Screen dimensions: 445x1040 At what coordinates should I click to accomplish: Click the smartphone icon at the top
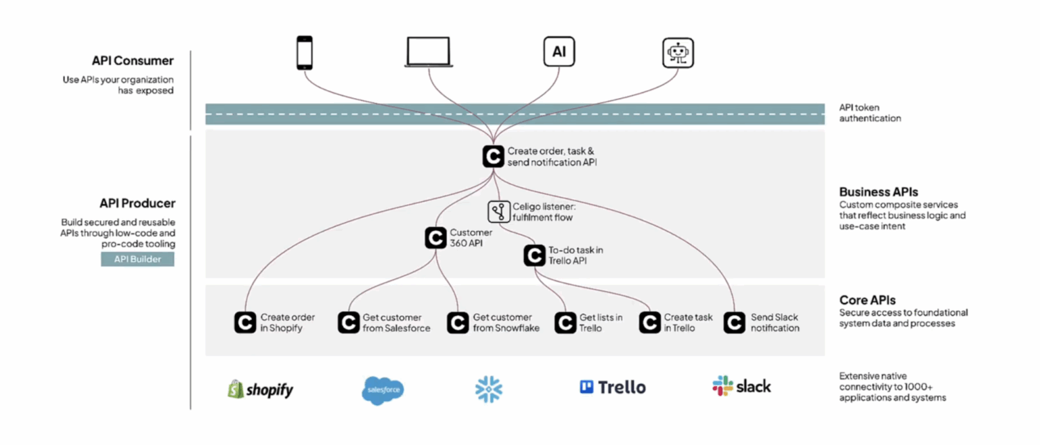305,52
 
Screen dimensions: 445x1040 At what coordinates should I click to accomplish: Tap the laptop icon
429,52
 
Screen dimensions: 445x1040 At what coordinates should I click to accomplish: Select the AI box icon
559,52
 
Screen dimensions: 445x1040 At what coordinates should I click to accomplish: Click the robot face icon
678,53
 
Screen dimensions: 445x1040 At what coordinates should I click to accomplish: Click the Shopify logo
261,389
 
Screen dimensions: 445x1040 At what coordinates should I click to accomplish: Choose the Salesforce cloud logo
383,390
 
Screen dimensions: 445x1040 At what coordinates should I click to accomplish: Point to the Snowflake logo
489,389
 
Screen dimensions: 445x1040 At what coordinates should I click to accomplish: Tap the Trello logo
613,387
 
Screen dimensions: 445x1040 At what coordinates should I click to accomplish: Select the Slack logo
741,386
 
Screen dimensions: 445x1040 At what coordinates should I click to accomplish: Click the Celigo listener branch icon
499,212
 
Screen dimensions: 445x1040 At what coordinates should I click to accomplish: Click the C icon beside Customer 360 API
435,238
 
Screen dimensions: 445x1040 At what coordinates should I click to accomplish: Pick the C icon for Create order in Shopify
245,323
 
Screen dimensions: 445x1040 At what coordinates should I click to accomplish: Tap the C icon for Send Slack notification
735,323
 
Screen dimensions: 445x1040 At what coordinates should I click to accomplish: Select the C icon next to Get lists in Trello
565,323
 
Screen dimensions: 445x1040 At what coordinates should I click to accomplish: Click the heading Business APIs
878,192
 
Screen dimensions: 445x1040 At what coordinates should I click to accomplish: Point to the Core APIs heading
867,300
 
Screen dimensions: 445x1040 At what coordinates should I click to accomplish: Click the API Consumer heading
133,61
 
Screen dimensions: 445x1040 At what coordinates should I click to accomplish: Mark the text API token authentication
870,112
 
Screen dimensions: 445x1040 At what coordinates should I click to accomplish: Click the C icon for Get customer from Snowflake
458,323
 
